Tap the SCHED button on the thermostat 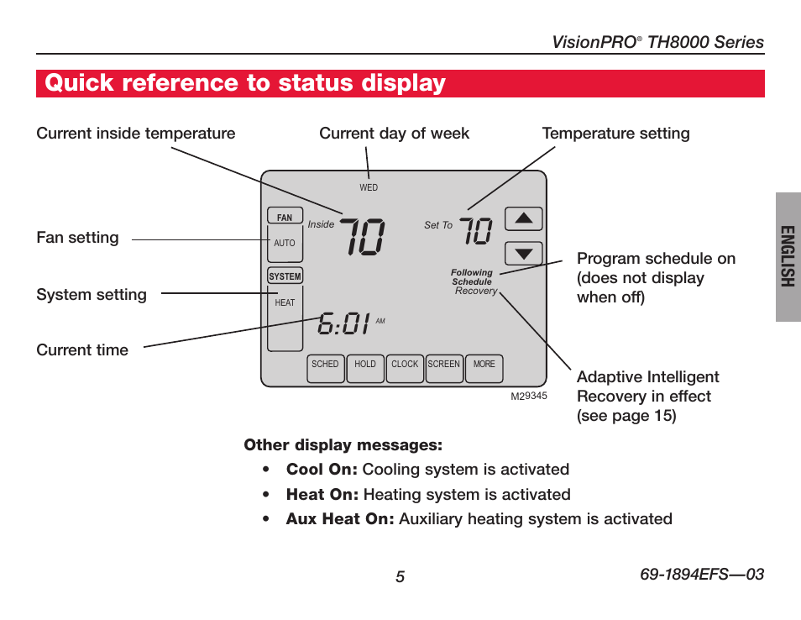point(326,369)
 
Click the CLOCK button point(405,369)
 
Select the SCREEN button point(444,369)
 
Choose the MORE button point(484,369)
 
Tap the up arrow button point(524,218)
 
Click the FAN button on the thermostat point(285,216)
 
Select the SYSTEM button point(285,276)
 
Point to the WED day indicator point(369,187)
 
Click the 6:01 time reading point(343,323)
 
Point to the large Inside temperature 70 point(362,236)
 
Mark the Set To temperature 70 point(476,230)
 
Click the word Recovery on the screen point(476,291)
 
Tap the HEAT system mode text point(285,302)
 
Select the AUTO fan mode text point(285,244)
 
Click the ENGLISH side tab point(788,256)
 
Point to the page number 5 point(400,577)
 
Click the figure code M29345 point(529,396)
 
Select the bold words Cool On point(322,470)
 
